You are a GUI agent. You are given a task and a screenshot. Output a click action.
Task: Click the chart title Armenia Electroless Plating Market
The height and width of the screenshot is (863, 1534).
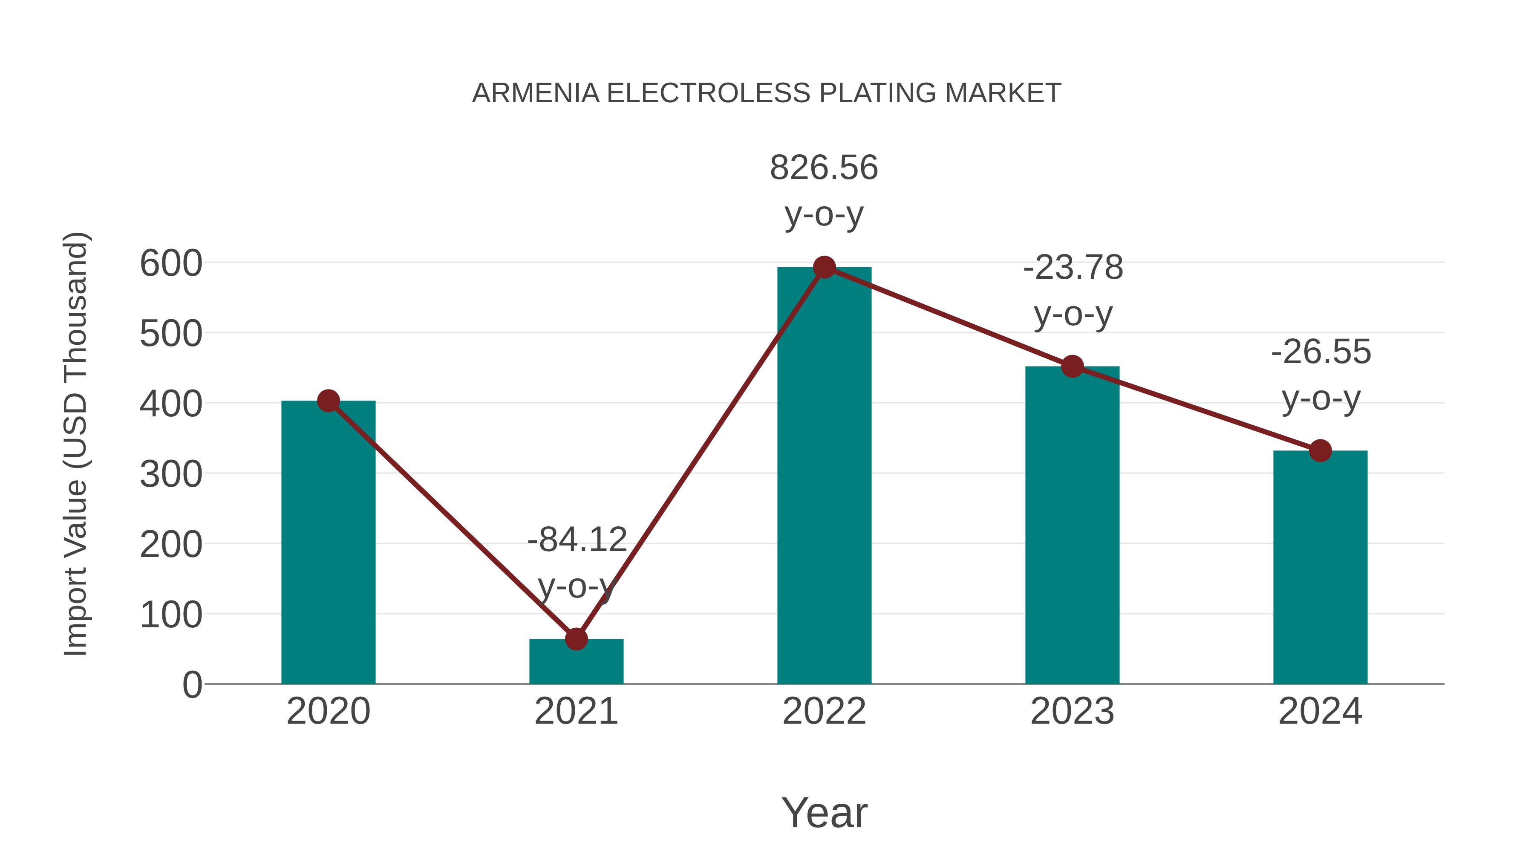click(767, 93)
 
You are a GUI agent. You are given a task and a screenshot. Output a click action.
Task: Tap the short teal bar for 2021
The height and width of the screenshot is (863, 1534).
click(576, 662)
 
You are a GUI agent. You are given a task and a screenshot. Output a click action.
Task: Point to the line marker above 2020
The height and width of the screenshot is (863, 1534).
click(328, 401)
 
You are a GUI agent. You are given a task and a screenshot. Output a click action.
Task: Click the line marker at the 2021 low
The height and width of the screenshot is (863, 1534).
click(576, 639)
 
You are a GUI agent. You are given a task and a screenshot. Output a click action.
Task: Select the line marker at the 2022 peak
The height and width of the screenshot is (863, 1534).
click(824, 267)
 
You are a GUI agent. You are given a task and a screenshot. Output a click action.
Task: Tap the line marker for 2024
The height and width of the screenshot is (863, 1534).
click(1320, 451)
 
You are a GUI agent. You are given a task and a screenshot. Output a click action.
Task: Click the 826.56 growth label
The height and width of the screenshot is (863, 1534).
click(824, 168)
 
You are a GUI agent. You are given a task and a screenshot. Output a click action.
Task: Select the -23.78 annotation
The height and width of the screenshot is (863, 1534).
click(1073, 267)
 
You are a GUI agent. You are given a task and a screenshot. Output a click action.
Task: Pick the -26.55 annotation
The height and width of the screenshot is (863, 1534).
click(1321, 352)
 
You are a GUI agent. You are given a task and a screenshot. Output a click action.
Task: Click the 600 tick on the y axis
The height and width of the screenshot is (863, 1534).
click(171, 263)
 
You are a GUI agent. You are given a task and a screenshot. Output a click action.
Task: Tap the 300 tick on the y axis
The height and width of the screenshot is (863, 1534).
click(171, 475)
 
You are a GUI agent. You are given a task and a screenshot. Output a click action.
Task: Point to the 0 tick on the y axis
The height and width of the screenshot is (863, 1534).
click(192, 685)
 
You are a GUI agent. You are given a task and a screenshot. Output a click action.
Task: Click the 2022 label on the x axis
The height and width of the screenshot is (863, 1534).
click(824, 711)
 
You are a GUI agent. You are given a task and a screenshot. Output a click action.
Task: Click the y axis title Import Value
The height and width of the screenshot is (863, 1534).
click(76, 444)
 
